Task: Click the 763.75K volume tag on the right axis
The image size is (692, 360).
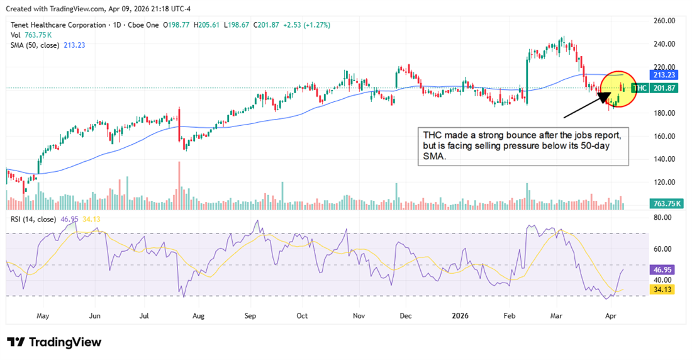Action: [667, 203]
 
